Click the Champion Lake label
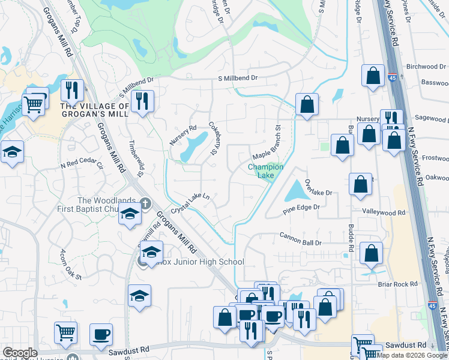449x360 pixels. (x=265, y=171)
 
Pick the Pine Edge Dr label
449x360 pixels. (x=303, y=208)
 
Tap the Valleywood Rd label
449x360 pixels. (x=384, y=212)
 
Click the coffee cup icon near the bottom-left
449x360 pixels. (x=101, y=334)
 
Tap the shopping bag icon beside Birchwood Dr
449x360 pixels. (x=373, y=76)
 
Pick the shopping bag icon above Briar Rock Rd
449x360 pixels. (x=372, y=254)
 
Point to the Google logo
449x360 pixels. (x=20, y=353)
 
